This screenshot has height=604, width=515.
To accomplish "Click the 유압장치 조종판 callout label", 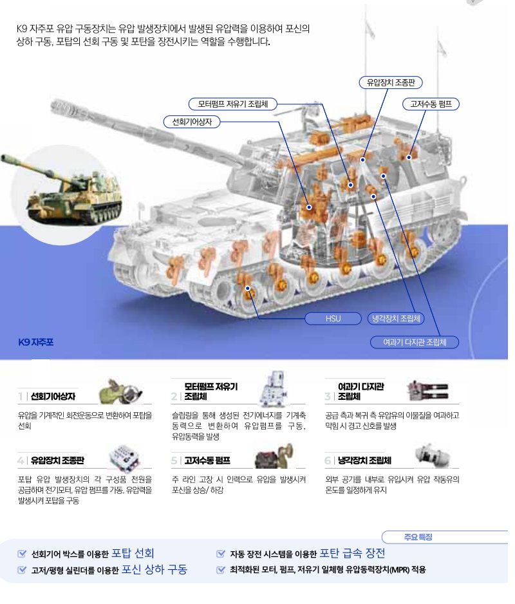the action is pos(391,82).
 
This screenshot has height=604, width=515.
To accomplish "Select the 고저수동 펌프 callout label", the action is pos(431,104).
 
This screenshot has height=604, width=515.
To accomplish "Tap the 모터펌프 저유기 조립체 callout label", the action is pos(232,104).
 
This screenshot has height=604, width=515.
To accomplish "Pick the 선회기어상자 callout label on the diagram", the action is pos(192,122).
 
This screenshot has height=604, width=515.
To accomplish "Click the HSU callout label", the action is pos(333,319).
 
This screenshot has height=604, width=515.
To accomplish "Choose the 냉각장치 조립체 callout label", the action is pos(396,319).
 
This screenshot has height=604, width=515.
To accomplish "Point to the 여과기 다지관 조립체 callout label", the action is pos(415,342).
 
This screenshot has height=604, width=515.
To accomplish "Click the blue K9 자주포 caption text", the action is pos(36,342).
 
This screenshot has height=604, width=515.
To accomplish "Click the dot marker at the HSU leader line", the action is pos(248,288).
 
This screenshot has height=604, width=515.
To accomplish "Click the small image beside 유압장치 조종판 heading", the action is pos(124,457).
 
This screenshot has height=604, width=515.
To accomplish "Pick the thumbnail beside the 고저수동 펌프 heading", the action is pos(274,456).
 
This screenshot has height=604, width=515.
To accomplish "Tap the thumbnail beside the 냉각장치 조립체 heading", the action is pos(433,455).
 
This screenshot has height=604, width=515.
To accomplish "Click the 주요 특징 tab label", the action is pos(418,537).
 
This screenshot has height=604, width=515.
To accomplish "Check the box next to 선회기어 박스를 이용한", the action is pos(22,554).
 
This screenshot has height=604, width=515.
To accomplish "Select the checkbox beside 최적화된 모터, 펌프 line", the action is pos(221,570).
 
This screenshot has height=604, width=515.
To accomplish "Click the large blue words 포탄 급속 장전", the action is pos(352,553).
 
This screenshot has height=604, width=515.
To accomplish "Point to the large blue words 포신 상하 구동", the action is pos(154,569).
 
